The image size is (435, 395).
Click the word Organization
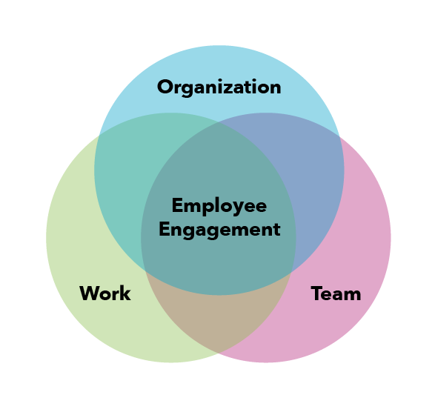(219, 87)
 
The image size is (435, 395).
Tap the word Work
(105, 293)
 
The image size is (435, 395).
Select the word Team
(336, 293)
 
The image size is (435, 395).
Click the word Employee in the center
(219, 206)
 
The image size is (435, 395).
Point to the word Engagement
(219, 230)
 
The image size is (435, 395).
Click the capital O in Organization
(165, 87)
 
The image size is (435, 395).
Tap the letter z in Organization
(228, 88)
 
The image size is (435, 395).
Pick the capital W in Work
(90, 293)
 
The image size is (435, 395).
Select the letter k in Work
(125, 293)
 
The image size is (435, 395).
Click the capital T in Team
(317, 293)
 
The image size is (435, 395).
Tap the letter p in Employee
(207, 208)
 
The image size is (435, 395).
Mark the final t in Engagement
(276, 230)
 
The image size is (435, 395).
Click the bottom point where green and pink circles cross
(219, 354)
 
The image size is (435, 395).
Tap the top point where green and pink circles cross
(219, 122)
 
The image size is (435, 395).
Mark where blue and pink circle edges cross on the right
(339, 136)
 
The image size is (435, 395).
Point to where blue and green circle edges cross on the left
(99, 136)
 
